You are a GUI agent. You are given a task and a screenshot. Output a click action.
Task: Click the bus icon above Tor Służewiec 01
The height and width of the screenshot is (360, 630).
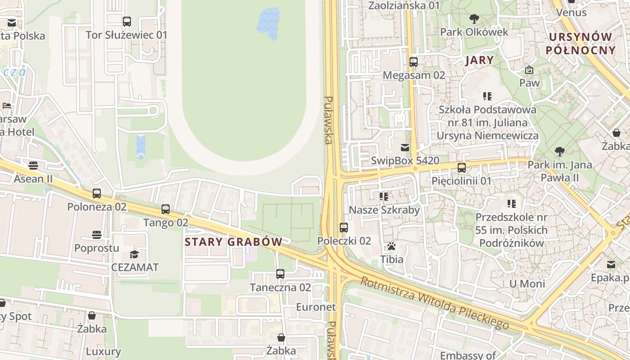pyautogui.click(x=127, y=21)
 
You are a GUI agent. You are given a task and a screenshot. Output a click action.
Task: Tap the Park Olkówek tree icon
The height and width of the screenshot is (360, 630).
pyautogui.click(x=474, y=19)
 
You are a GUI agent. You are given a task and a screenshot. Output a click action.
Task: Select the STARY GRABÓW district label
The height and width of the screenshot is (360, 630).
pyautogui.click(x=234, y=242)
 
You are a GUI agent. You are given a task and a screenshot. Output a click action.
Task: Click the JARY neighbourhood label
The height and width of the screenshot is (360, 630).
pyautogui.click(x=479, y=60)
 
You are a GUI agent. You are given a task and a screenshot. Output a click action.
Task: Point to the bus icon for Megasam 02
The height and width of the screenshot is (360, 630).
pyautogui.click(x=414, y=62)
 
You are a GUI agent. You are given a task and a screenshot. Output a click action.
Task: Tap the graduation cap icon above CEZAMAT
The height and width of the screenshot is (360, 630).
pyautogui.click(x=134, y=254)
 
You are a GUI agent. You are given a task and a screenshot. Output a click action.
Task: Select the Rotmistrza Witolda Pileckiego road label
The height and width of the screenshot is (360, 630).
pyautogui.click(x=434, y=303)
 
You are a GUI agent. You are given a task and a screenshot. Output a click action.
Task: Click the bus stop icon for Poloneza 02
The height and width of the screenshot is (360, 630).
pyautogui.click(x=97, y=193)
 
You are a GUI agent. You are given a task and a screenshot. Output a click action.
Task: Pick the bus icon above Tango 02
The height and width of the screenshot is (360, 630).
pyautogui.click(x=166, y=209)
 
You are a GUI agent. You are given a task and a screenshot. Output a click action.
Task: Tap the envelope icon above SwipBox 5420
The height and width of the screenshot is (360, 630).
pyautogui.click(x=405, y=148)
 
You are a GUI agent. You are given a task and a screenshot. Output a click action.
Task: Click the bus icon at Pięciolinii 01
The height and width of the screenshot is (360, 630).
pyautogui.click(x=462, y=168)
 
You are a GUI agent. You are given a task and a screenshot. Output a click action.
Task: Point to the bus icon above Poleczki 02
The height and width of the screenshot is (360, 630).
pyautogui.click(x=344, y=228)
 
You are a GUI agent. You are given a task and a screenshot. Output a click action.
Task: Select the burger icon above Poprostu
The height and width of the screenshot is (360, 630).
pyautogui.click(x=97, y=235)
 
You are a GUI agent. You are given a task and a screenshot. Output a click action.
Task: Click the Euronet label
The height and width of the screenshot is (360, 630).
pyautogui.click(x=316, y=307)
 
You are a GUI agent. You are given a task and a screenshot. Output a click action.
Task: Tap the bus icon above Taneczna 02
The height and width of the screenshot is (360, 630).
pyautogui.click(x=280, y=274)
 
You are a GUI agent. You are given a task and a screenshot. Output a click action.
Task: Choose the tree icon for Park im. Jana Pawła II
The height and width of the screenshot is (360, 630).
pyautogui.click(x=560, y=152)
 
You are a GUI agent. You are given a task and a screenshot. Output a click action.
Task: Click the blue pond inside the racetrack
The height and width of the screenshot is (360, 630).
pyautogui.click(x=268, y=23)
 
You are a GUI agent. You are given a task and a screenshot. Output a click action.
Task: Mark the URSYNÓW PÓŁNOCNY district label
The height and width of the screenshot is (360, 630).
pyautogui.click(x=580, y=44)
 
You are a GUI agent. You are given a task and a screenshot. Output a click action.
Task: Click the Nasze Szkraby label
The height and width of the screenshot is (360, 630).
pyautogui.click(x=384, y=210)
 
